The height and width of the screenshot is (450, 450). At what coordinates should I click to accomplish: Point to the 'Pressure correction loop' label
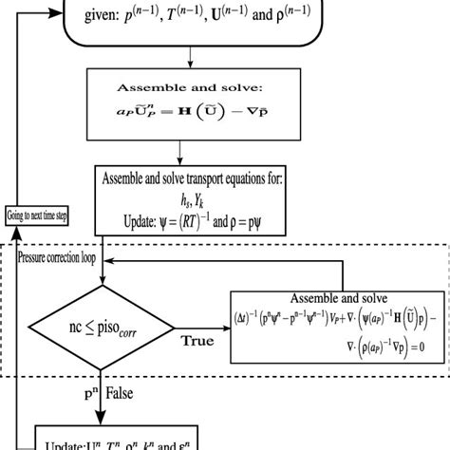pyautogui.click(x=54, y=257)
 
